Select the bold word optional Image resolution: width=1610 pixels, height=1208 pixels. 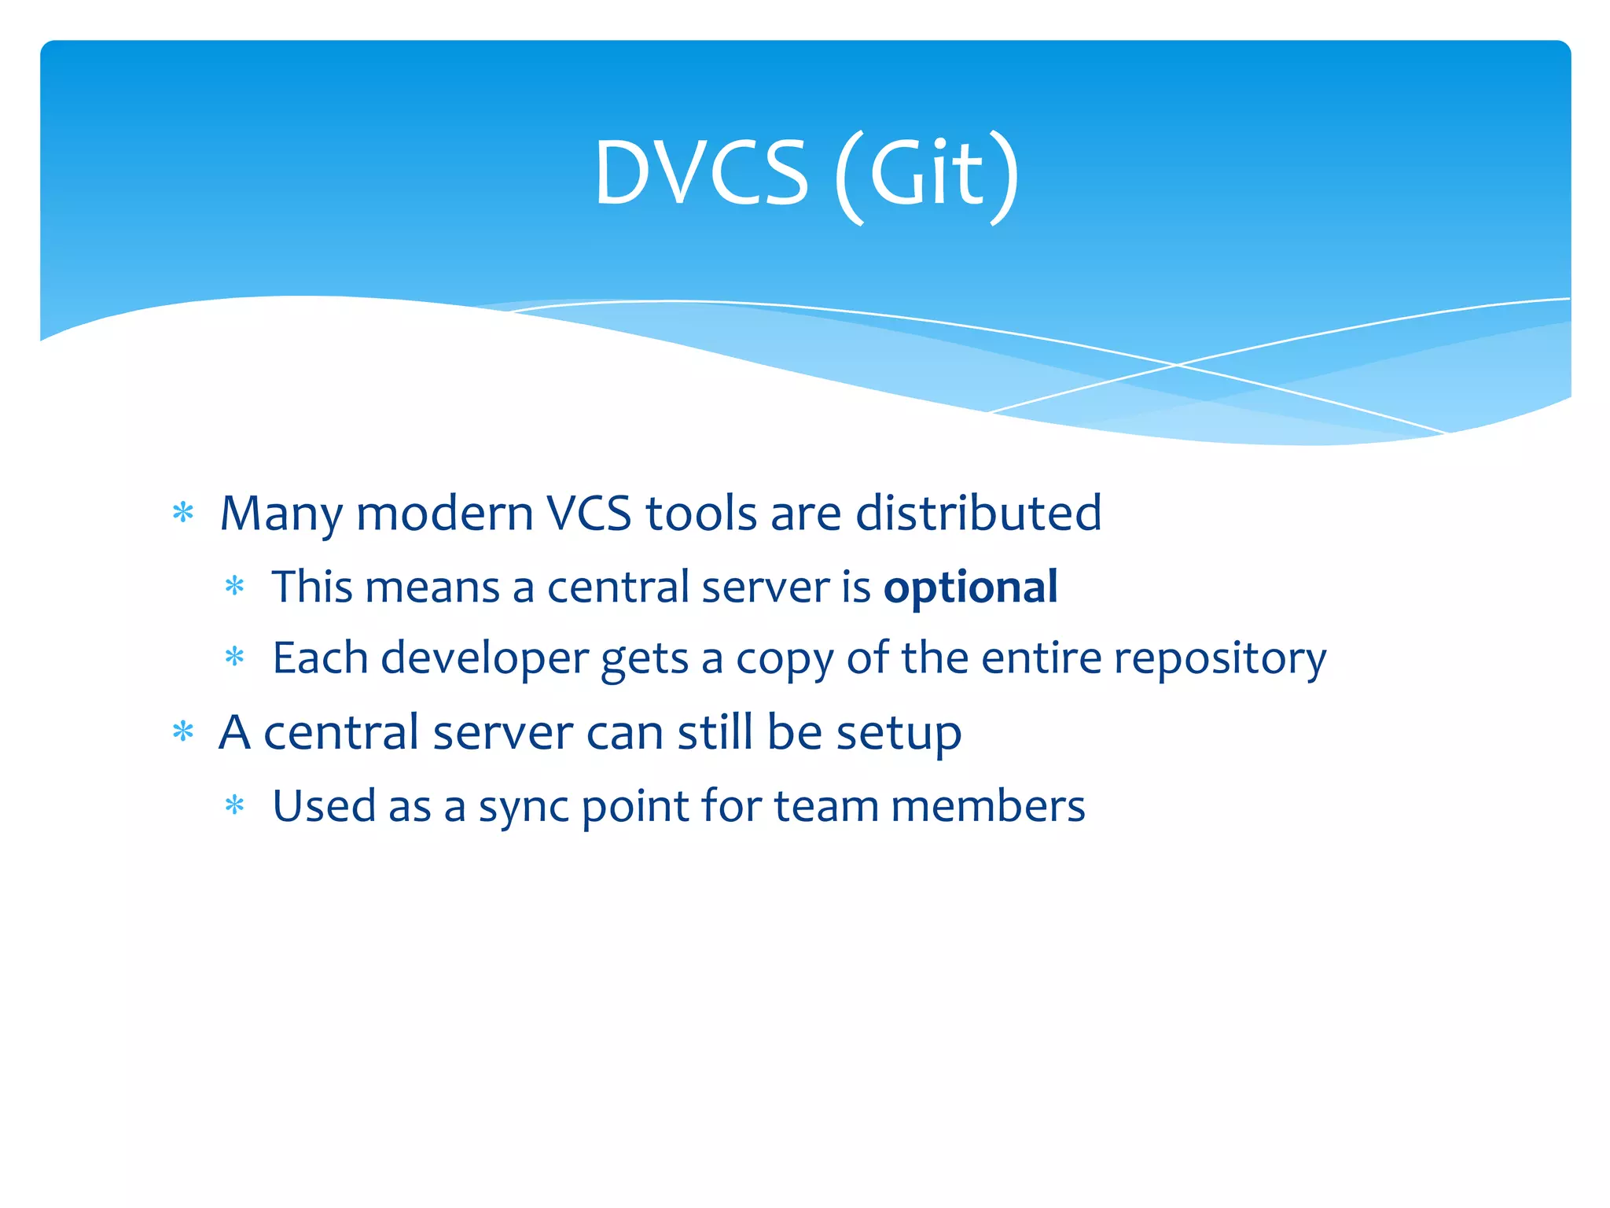coord(970,587)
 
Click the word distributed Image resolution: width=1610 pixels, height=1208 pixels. coord(978,514)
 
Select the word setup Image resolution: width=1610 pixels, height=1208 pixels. coord(898,734)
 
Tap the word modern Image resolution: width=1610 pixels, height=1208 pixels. coord(444,514)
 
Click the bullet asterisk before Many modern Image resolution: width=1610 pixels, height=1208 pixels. coord(183,513)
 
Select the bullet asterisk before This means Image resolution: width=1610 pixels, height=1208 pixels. coord(235,586)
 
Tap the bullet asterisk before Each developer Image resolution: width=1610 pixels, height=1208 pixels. coord(235,656)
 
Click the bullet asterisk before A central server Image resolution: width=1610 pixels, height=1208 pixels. coord(183,732)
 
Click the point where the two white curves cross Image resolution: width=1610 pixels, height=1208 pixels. coord(1177,365)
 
